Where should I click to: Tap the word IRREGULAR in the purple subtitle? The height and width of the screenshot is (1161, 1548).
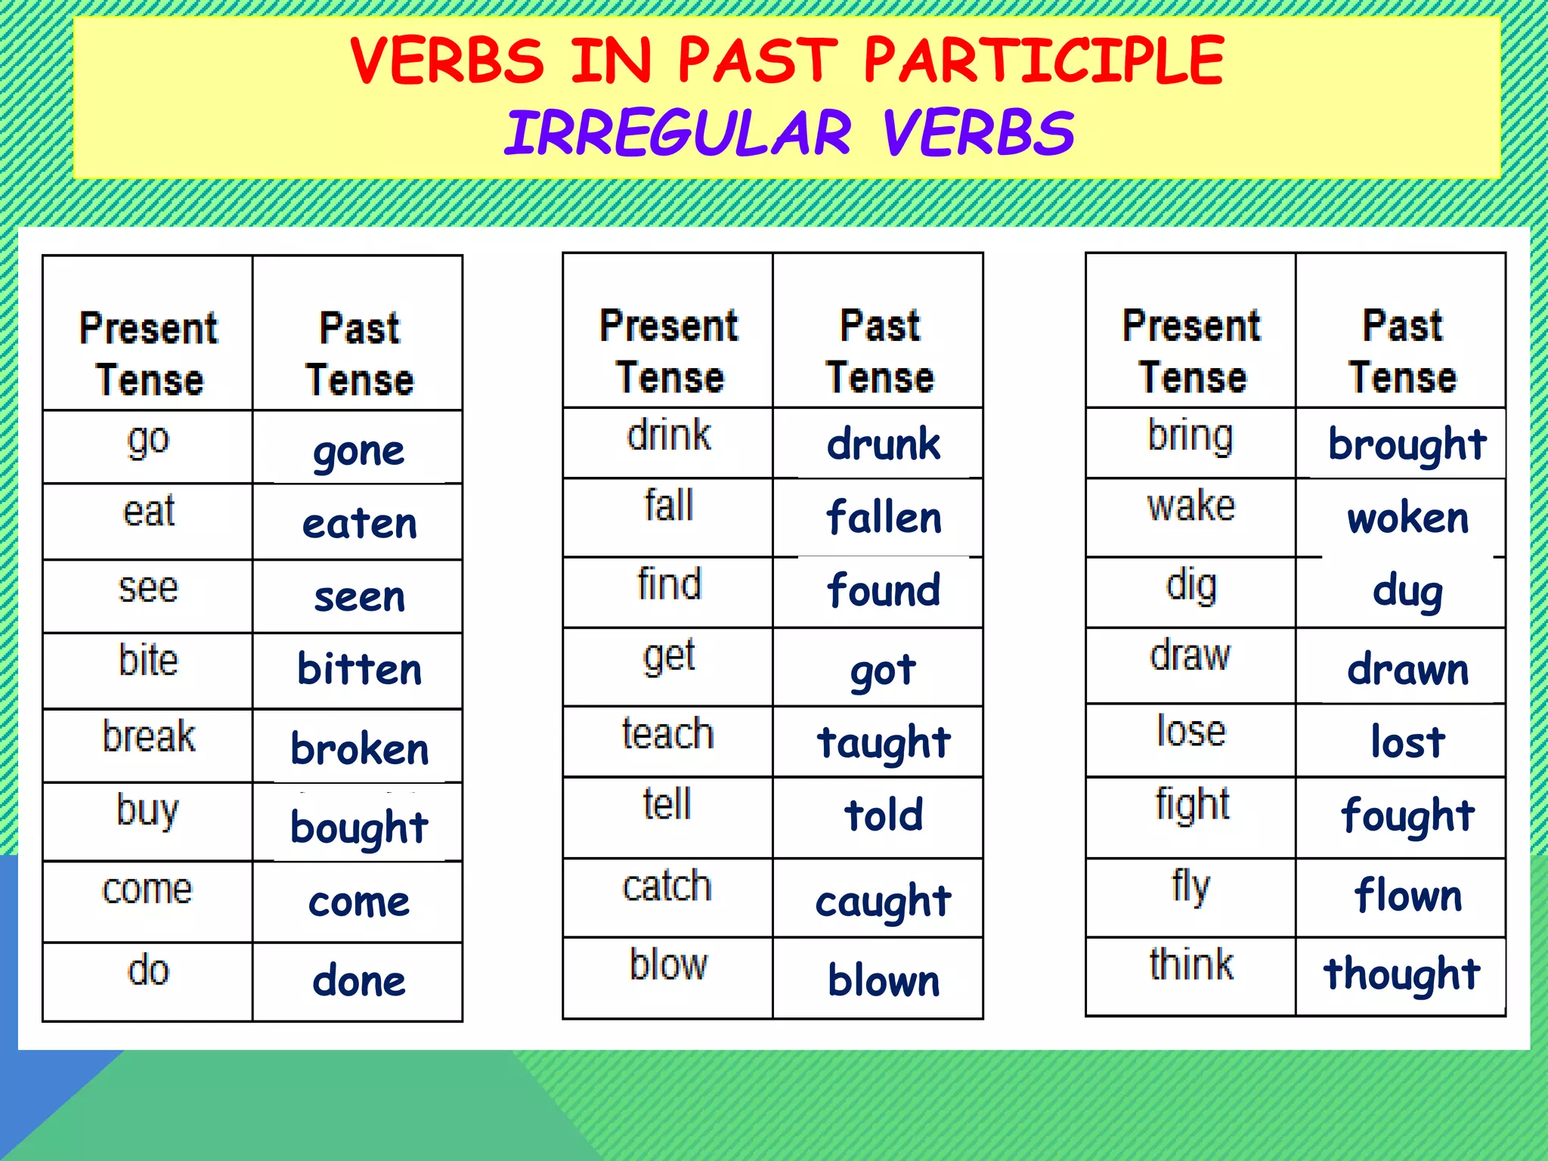[x=678, y=134]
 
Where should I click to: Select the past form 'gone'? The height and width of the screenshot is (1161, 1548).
[x=359, y=452]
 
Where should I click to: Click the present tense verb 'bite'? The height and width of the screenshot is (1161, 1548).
[x=148, y=660]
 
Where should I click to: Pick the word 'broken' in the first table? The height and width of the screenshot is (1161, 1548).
[x=360, y=749]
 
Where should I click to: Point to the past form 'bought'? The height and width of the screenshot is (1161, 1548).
[x=359, y=827]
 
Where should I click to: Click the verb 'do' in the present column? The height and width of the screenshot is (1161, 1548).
[x=148, y=970]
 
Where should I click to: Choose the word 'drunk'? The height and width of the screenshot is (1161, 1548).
[x=883, y=444]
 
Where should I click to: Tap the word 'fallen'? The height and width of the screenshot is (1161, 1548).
[x=884, y=518]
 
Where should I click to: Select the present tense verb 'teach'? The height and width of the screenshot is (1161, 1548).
[x=667, y=734]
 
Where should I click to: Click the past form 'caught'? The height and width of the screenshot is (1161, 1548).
[x=883, y=901]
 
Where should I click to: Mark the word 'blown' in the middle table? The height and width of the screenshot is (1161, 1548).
[x=884, y=980]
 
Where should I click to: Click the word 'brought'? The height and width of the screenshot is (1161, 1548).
[x=1407, y=444]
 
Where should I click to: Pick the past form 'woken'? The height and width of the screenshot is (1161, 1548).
[x=1407, y=519]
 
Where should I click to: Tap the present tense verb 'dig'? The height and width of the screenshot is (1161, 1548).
[x=1190, y=586]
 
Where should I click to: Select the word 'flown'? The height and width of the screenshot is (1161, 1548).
[x=1407, y=896]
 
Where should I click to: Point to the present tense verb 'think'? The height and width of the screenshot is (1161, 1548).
[x=1190, y=964]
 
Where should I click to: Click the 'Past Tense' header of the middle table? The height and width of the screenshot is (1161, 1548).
[x=879, y=351]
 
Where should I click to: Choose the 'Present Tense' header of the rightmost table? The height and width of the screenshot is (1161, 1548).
[x=1191, y=351]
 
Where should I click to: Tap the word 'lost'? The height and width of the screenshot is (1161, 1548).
[x=1407, y=741]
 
